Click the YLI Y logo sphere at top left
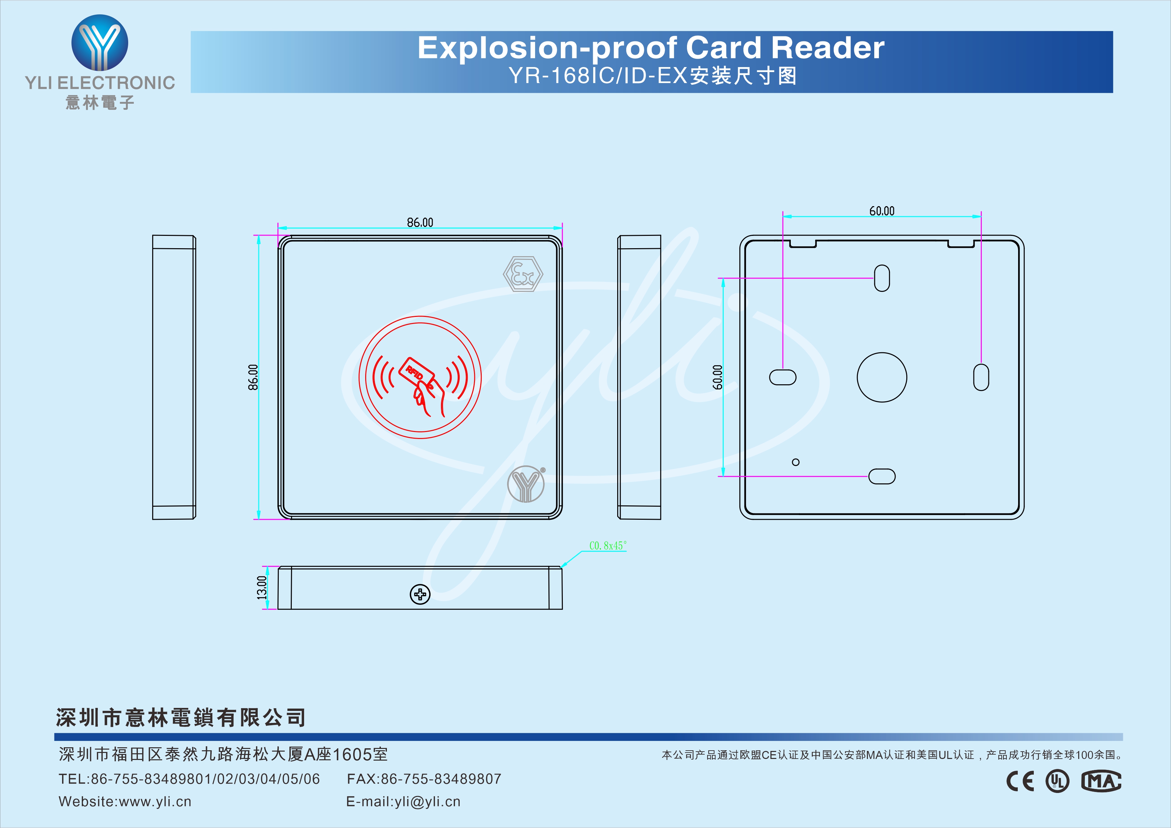(x=100, y=42)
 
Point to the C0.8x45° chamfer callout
(x=608, y=545)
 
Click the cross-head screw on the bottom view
(x=420, y=594)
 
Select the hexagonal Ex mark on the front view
(x=523, y=274)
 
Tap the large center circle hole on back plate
(x=882, y=377)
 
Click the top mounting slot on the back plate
(x=882, y=278)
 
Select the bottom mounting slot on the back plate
(x=882, y=476)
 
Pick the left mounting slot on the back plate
(x=782, y=377)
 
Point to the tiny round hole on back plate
(x=795, y=462)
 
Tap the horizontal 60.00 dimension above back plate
(x=882, y=211)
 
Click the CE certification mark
(x=1020, y=781)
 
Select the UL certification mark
(x=1058, y=781)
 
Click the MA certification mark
(x=1101, y=781)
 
